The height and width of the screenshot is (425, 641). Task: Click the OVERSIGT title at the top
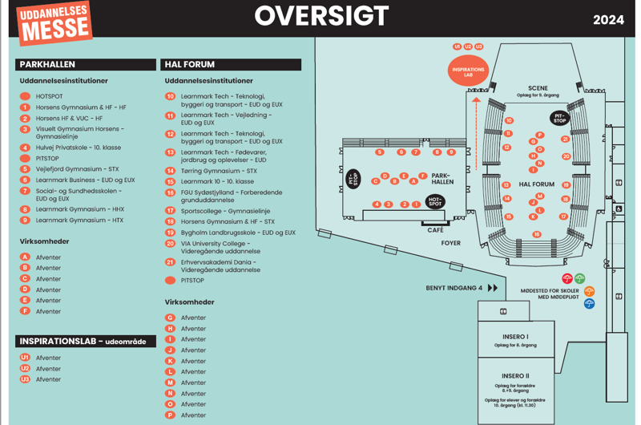320,16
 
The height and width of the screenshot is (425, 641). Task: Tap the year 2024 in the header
608,20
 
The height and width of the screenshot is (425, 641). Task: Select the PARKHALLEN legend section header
47,64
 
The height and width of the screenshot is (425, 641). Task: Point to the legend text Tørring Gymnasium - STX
219,171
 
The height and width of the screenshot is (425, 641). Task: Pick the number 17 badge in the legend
170,210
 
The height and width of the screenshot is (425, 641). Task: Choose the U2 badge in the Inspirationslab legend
25,368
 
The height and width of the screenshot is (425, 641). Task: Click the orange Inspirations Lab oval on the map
468,71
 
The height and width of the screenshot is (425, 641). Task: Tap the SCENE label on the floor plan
538,88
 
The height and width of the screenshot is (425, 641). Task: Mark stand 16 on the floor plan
536,234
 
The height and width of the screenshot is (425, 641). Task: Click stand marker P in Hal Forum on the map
539,135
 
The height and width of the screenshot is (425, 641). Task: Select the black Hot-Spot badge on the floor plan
435,201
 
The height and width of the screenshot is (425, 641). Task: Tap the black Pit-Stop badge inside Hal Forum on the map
559,118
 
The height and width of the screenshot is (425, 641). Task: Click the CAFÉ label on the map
435,229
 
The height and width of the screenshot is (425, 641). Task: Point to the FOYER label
451,243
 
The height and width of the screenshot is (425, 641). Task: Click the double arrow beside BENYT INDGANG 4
493,288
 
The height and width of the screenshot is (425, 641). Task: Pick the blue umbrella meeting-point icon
589,304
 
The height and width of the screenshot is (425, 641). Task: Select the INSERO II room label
515,376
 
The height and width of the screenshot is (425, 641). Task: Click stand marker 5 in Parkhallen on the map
379,152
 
